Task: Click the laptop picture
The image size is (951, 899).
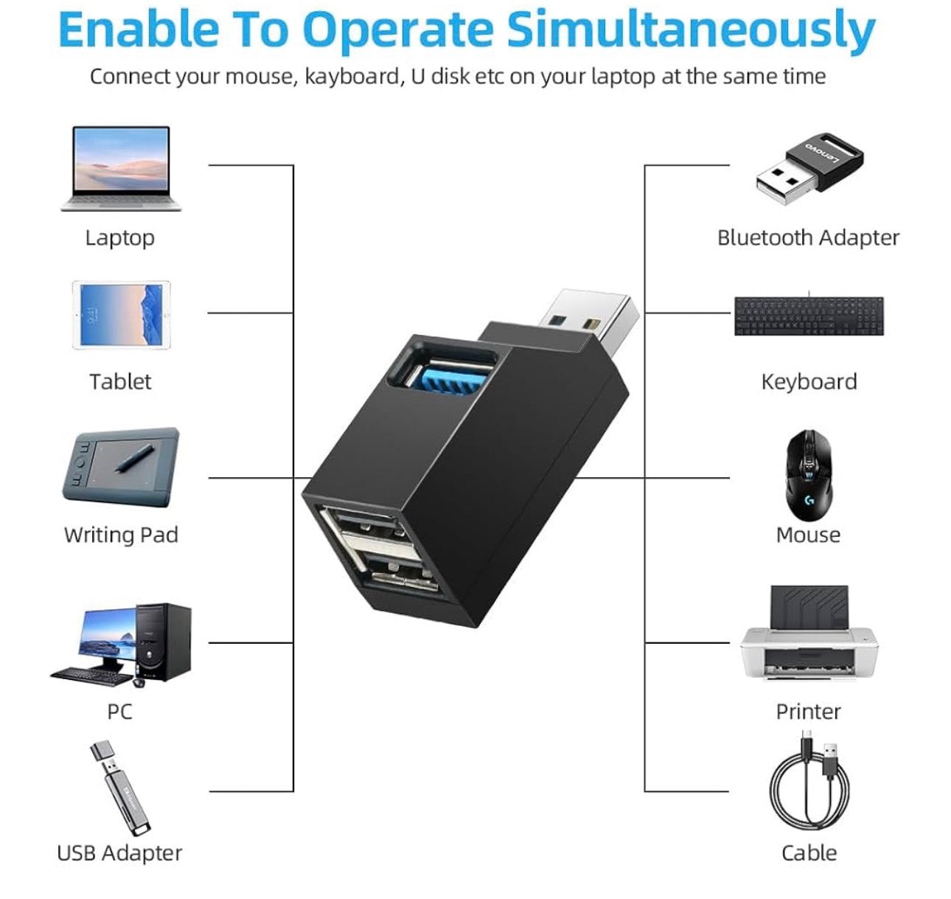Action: pos(121,168)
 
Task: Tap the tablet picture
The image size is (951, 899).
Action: pos(121,315)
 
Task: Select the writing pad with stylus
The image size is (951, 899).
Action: pos(121,467)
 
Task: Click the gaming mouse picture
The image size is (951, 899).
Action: pos(809,476)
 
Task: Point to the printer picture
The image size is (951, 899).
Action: pos(809,634)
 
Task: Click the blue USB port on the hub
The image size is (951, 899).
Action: pos(450,373)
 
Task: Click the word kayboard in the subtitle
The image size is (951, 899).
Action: pos(352,77)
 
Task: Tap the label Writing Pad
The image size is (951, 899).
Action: pos(121,535)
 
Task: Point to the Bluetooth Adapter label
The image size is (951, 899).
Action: pos(808,237)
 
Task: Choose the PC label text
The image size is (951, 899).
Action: pos(119,712)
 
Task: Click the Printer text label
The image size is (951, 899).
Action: pos(808,712)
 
